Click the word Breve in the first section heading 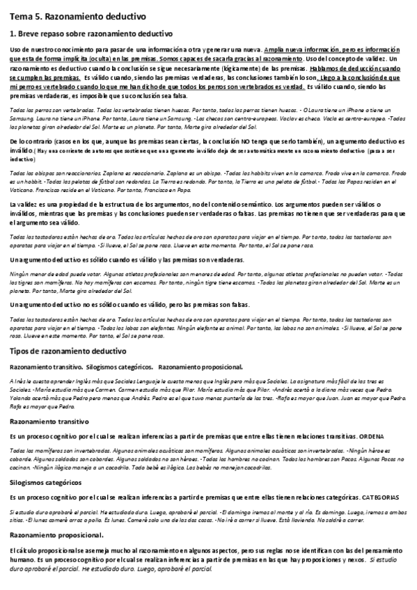[x=28, y=33]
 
